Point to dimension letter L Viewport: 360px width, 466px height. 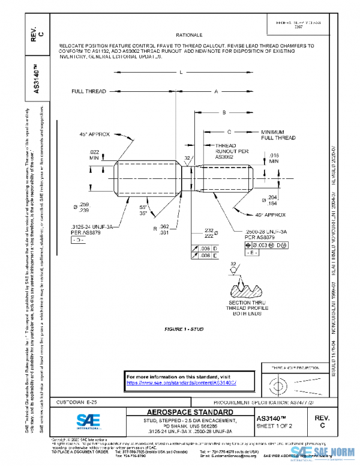[179, 73]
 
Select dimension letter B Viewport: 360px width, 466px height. [224, 112]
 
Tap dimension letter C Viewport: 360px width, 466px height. [230, 131]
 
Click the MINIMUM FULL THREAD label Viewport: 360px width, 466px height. [278, 135]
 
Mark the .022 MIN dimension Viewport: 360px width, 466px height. [94, 154]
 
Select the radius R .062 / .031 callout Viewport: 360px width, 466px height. [161, 229]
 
